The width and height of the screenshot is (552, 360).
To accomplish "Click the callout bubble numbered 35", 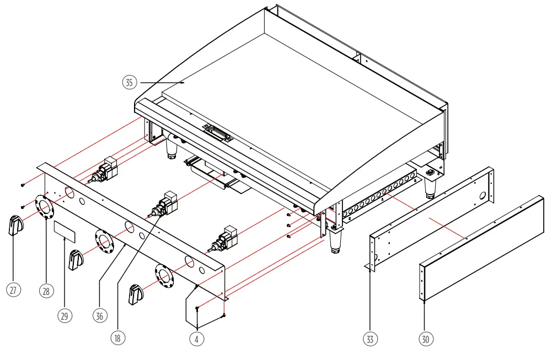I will tap(128, 83).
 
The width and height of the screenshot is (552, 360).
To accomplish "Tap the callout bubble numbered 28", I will tap(46, 291).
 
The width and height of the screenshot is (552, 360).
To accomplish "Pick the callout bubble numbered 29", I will tap(65, 315).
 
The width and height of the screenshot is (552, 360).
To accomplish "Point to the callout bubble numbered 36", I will tap(99, 315).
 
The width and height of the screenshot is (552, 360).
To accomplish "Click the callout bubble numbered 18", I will tap(117, 338).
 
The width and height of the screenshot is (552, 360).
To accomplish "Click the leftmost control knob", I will tap(16, 226).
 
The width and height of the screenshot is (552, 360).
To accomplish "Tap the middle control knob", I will tap(76, 260).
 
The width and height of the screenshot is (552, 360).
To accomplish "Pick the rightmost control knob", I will tap(136, 294).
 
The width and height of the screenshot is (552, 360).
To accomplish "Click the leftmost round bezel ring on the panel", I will tap(45, 206).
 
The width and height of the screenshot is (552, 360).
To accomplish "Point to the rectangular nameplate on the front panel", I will tap(65, 232).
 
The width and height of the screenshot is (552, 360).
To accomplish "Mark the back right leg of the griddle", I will tap(430, 188).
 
